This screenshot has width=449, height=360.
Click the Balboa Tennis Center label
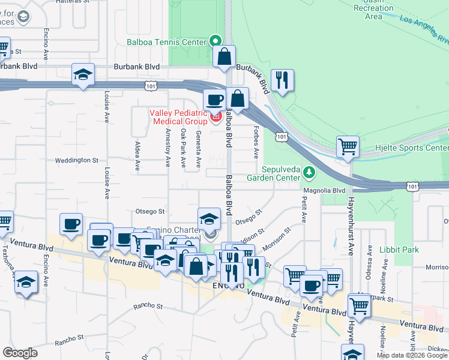coord(166,42)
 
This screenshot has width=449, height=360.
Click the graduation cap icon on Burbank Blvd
coord(83,75)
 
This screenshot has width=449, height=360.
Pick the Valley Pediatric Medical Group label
coord(178,117)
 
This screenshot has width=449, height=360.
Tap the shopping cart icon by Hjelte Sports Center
coord(348,146)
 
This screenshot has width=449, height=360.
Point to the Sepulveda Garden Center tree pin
coord(309,173)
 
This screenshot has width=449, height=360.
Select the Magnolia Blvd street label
coord(324,190)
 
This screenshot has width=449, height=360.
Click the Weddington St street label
coord(76,160)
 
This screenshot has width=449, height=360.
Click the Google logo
coord(20,353)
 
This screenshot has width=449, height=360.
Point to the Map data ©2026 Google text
coord(412,355)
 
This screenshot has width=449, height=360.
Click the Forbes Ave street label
coord(256,143)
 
